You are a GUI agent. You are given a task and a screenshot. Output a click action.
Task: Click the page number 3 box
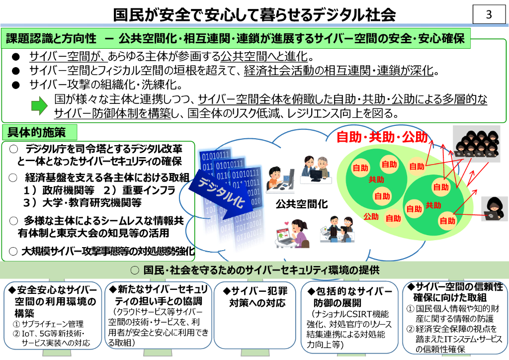(x=488, y=14)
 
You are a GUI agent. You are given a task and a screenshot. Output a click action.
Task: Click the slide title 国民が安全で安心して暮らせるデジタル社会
(x=254, y=15)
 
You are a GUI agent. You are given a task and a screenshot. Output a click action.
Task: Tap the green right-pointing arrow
(x=39, y=105)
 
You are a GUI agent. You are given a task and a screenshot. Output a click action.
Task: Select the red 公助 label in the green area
(x=371, y=216)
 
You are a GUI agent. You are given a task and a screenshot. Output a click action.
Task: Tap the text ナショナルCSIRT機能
(x=350, y=314)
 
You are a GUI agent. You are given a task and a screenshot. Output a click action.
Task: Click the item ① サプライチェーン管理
(x=48, y=324)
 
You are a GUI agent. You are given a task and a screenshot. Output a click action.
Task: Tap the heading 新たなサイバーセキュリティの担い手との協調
(x=159, y=295)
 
